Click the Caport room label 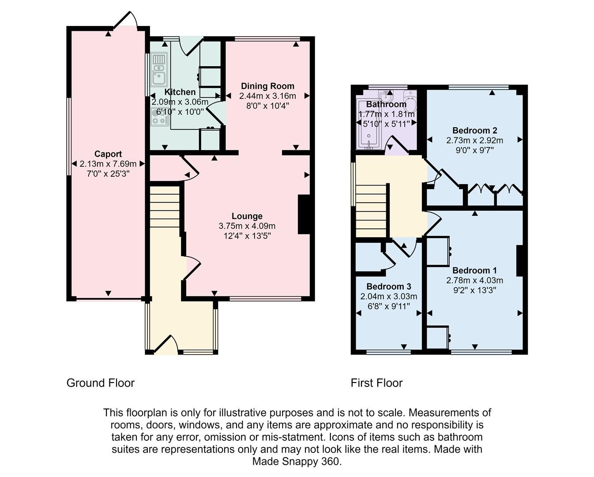(x=108, y=154)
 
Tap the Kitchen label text (x=180, y=92)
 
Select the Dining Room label (x=267, y=86)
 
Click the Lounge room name (x=247, y=216)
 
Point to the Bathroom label (x=386, y=105)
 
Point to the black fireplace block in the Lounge (x=304, y=214)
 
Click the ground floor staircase (x=165, y=208)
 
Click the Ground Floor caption (x=100, y=383)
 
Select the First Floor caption (x=376, y=383)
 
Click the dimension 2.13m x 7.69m (x=108, y=164)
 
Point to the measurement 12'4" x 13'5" (x=247, y=236)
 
